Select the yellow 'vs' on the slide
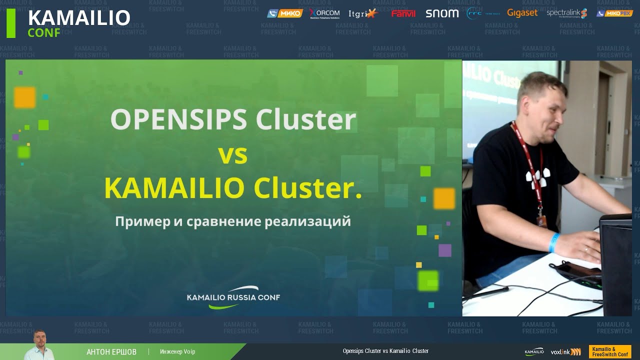[x=233, y=155]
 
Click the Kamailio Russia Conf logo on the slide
[x=233, y=297]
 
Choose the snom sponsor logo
[x=442, y=13]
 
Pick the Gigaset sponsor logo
[x=522, y=13]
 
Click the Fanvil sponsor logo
[x=403, y=13]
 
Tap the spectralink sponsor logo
[x=566, y=13]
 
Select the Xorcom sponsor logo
[x=324, y=13]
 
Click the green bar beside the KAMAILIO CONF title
[x=10, y=23]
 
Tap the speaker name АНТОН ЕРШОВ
[x=111, y=352]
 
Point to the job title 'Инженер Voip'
[x=177, y=352]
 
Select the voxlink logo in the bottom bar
[x=565, y=352]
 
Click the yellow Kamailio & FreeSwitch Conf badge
[x=610, y=351]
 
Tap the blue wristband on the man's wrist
[x=554, y=242]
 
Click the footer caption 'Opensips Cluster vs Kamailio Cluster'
[x=385, y=351]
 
